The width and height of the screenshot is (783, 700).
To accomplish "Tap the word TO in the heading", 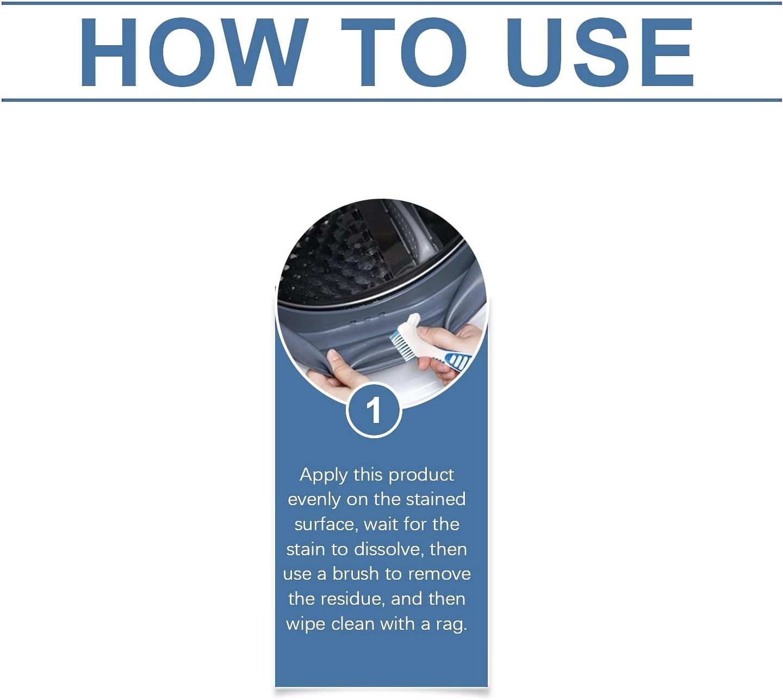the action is (x=404, y=52).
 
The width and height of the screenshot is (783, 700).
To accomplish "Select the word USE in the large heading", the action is (x=600, y=52).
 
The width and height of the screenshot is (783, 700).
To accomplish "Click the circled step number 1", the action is (x=374, y=410).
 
